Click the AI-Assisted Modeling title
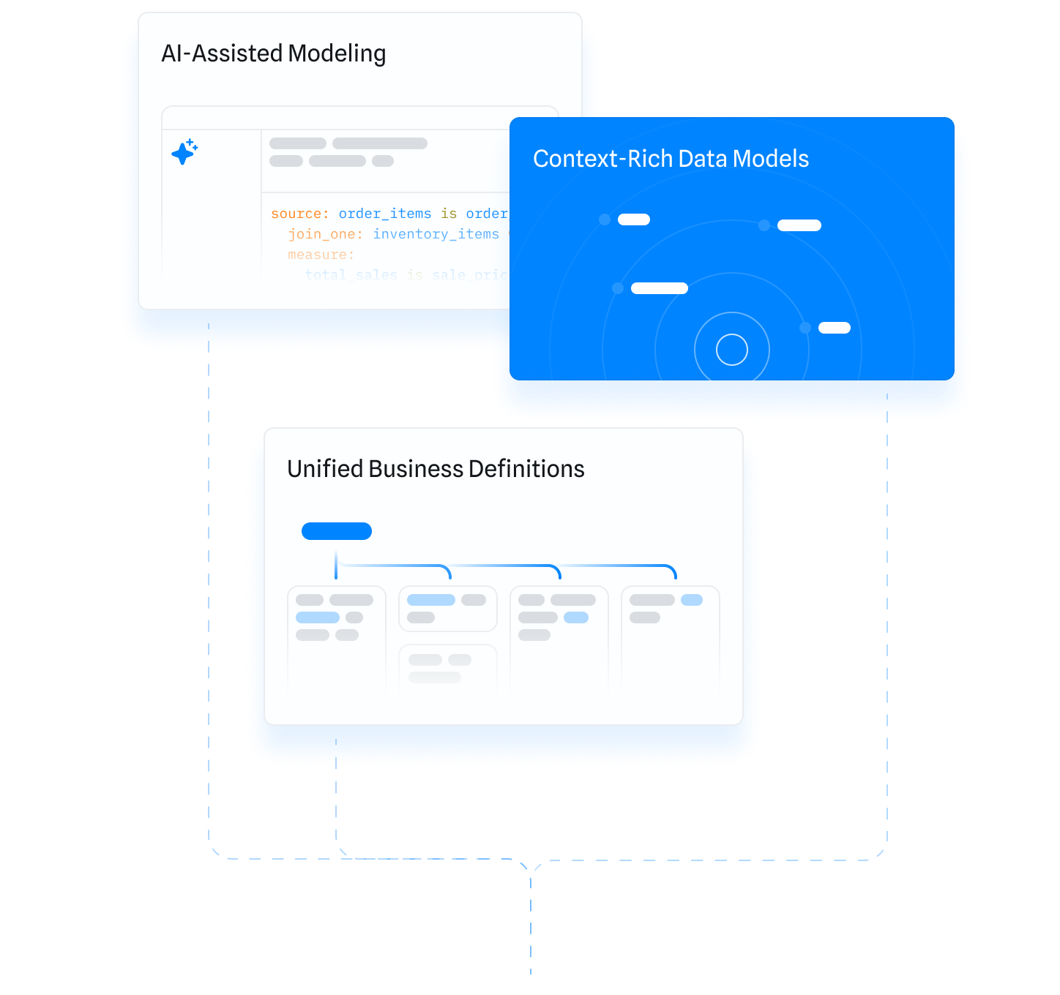click(273, 53)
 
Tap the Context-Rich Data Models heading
click(671, 159)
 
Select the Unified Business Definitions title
click(436, 469)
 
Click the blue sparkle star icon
click(184, 151)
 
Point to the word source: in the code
click(299, 214)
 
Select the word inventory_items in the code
click(436, 234)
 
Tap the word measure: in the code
click(321, 255)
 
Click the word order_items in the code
click(384, 214)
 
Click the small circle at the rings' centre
click(731, 350)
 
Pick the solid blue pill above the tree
click(337, 531)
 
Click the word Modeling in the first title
click(337, 54)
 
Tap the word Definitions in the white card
click(526, 469)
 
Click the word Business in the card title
click(416, 469)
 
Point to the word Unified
click(324, 469)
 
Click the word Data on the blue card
click(702, 159)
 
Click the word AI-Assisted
click(222, 53)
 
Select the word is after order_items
click(449, 214)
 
